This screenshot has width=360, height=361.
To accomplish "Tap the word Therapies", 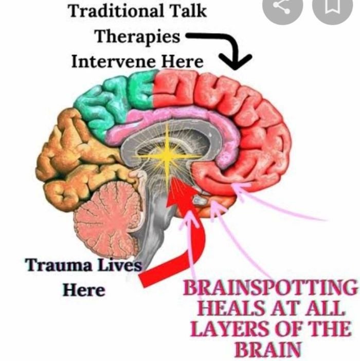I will click(x=138, y=37).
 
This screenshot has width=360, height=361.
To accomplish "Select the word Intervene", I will click(x=107, y=62).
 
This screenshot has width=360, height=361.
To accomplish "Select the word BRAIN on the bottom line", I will click(x=267, y=350).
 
